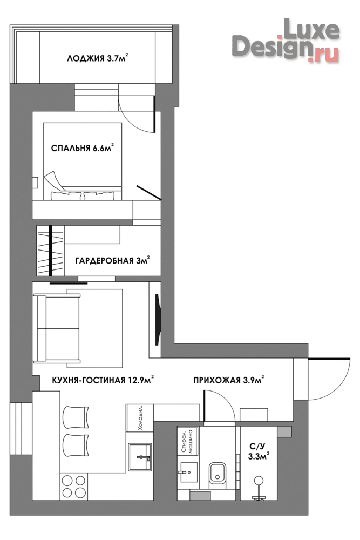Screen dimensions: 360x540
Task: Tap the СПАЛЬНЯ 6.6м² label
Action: coord(83,148)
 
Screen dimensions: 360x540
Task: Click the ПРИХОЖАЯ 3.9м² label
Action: coord(229,380)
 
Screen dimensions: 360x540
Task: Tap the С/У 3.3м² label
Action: coord(259,451)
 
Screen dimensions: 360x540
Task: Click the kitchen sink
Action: coord(140,457)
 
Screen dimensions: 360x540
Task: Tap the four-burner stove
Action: coord(73,487)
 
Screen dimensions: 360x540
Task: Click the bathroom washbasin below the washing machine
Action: coord(188,473)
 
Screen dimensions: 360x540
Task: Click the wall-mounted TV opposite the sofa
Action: coord(157,319)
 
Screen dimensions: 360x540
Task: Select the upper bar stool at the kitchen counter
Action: coord(76,417)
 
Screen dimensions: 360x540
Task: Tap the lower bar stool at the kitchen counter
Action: coord(76,445)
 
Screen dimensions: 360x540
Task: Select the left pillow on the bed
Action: coord(66,196)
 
